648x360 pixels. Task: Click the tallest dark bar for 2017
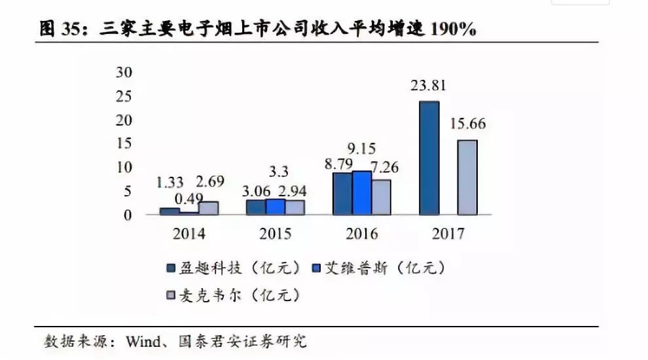point(429,158)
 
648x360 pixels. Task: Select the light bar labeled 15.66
point(467,177)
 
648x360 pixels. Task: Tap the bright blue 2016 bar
point(362,193)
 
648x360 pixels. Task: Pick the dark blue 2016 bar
point(342,194)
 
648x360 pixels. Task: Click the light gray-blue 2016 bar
point(381,197)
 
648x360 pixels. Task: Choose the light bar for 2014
point(208,208)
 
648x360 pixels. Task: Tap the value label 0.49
point(189,198)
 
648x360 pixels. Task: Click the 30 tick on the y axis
point(124,73)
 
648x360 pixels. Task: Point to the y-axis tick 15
point(124,143)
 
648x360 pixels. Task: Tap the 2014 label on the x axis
point(189,234)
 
